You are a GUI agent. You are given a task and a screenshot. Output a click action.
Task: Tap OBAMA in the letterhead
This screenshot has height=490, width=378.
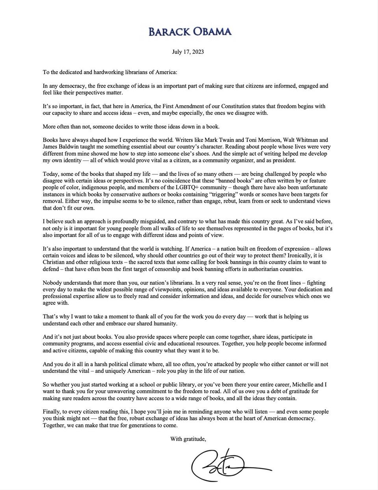pos(211,32)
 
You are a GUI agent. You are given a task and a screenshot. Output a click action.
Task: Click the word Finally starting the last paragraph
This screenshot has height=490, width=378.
pos(52,412)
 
